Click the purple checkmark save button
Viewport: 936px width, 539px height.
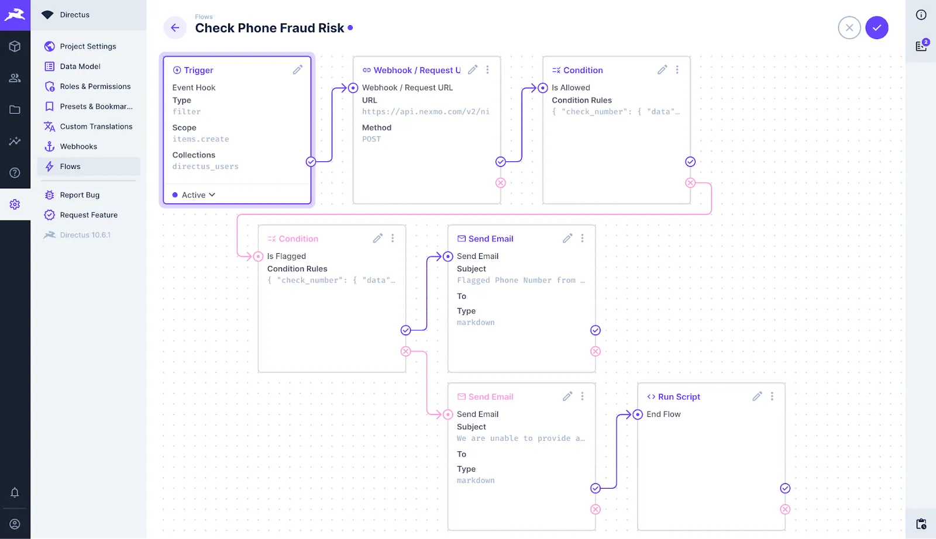tap(877, 27)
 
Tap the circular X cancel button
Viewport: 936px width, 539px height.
tap(849, 27)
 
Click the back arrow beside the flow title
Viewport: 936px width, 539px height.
tap(175, 27)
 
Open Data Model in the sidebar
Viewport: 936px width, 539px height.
tap(80, 67)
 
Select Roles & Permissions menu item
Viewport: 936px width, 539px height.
tap(95, 87)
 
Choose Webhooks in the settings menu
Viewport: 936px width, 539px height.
tap(78, 147)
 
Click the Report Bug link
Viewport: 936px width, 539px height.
tap(80, 195)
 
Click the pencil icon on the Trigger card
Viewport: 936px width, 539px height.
tap(298, 70)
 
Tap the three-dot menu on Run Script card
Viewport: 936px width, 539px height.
tap(772, 396)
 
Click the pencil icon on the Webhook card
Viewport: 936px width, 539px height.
tap(473, 70)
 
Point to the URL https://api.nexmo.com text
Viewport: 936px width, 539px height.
tap(425, 112)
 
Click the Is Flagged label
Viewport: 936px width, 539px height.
tap(287, 256)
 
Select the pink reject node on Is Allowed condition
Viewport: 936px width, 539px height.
tap(690, 183)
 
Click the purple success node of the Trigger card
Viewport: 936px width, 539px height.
tap(311, 162)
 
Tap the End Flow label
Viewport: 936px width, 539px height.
tap(663, 414)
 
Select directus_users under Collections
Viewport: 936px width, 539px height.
tap(205, 167)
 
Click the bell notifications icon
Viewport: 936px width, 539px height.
tap(15, 492)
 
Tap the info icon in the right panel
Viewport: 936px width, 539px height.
tap(921, 15)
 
